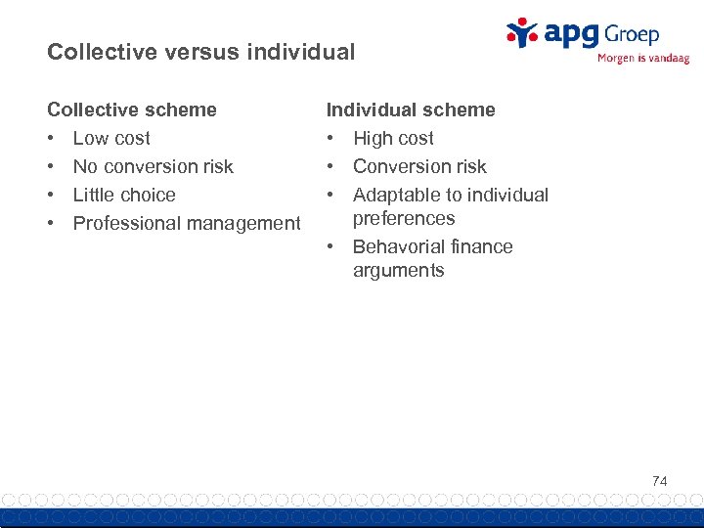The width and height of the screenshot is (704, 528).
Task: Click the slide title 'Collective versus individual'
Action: [200, 53]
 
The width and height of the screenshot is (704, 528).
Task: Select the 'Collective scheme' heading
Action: [132, 110]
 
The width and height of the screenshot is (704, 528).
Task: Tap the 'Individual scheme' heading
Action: [411, 110]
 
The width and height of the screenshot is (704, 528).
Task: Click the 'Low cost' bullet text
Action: [111, 138]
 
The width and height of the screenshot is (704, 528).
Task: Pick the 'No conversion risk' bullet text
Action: [154, 166]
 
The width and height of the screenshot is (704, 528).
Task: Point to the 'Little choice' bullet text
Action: [124, 195]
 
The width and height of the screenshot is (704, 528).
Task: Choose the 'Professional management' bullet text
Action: [187, 223]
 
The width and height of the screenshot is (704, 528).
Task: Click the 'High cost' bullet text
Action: [393, 138]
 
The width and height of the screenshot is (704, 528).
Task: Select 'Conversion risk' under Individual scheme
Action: [419, 166]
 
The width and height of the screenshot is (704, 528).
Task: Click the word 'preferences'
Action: [404, 218]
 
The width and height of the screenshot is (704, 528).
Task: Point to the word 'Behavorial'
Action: [399, 246]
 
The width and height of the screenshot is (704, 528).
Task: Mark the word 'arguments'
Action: [398, 271]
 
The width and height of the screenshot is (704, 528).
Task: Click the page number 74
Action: [660, 480]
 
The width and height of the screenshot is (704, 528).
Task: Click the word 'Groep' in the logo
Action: [631, 34]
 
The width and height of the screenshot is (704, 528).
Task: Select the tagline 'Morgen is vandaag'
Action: [642, 58]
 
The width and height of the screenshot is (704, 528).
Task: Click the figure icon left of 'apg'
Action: [522, 32]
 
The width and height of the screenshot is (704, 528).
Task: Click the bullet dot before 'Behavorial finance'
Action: [331, 247]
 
